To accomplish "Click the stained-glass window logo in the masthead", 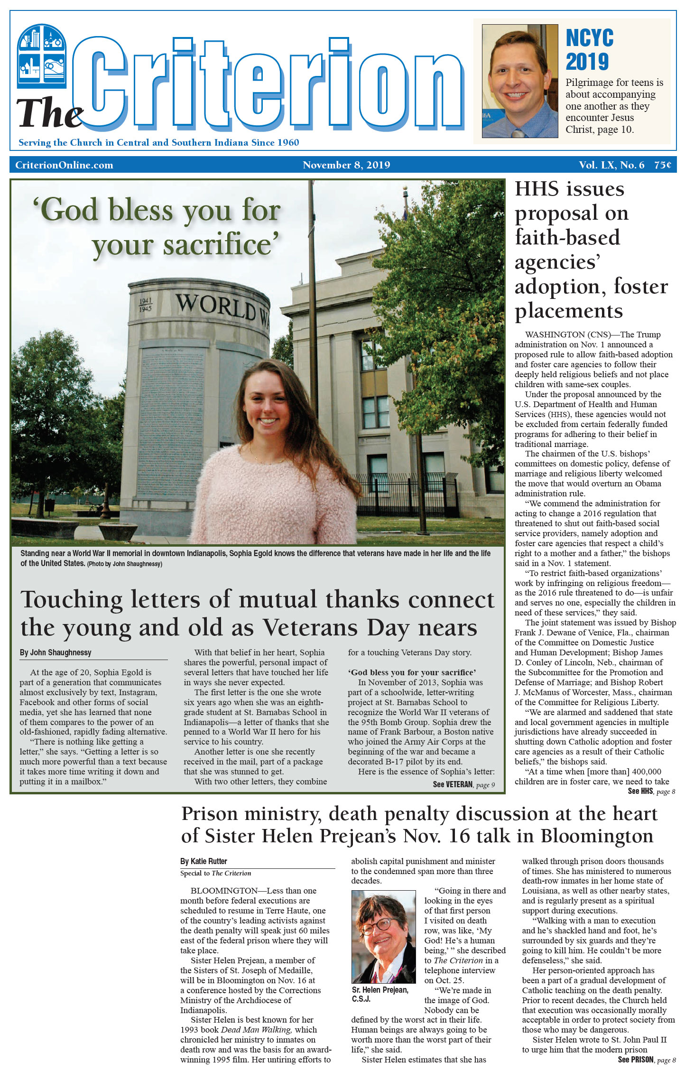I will [x=42, y=56].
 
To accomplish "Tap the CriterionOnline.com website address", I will [x=64, y=165].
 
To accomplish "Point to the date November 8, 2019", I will [x=346, y=165].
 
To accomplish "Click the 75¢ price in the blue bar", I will [x=663, y=165].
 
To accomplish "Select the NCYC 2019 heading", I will [x=590, y=50].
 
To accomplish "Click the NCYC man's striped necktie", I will [x=518, y=133].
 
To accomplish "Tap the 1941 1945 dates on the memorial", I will [x=146, y=305].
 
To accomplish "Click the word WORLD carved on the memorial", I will [x=216, y=307].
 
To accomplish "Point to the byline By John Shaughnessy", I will [x=56, y=652].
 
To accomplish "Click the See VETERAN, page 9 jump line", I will [x=463, y=784].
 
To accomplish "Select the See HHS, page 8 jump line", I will [x=651, y=791].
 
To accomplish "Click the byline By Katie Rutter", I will [x=204, y=861].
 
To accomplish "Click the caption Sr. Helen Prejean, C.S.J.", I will [x=380, y=994].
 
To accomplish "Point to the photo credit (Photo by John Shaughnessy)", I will [x=125, y=564].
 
